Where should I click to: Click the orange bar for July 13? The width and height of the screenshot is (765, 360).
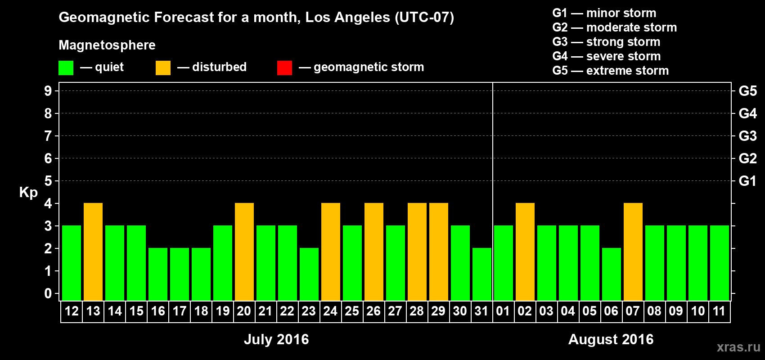(x=93, y=252)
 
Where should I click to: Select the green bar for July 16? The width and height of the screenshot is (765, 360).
(x=158, y=274)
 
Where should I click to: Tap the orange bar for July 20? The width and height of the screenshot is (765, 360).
(x=244, y=252)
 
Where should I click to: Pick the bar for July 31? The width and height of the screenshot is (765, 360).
(x=482, y=274)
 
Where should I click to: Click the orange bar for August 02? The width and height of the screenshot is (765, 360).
(x=525, y=252)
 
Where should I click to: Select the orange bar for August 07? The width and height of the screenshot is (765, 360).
(x=633, y=252)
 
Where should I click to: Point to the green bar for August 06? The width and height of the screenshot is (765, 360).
(x=612, y=274)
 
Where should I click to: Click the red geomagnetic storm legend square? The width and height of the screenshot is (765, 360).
(x=284, y=68)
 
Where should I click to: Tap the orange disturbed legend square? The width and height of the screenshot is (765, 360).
(x=163, y=68)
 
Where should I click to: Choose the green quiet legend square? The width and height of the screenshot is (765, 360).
(x=66, y=68)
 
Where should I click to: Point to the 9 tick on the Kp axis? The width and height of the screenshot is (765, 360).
(x=48, y=91)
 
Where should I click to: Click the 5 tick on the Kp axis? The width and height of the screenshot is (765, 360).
(x=48, y=181)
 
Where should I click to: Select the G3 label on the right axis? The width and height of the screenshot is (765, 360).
(x=747, y=136)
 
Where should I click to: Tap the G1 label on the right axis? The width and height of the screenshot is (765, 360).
(x=747, y=181)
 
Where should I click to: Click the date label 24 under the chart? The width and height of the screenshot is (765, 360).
(x=330, y=311)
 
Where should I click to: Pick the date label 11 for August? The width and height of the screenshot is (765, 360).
(x=719, y=311)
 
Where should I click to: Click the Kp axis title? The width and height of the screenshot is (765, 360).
(x=28, y=192)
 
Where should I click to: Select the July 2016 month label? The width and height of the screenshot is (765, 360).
(x=276, y=339)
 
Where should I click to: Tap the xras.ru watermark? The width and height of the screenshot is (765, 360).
(x=738, y=347)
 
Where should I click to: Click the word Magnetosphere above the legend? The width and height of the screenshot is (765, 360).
(x=107, y=45)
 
